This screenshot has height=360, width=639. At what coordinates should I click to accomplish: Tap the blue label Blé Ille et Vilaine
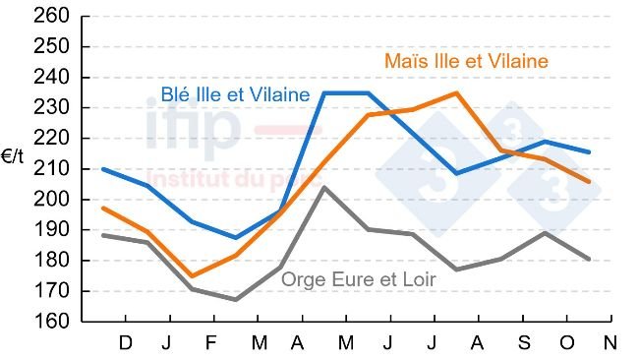[235, 95]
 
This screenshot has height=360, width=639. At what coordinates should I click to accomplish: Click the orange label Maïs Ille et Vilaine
[465, 61]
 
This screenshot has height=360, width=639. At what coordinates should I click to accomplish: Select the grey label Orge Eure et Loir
[359, 279]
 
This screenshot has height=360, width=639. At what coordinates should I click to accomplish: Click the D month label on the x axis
[125, 343]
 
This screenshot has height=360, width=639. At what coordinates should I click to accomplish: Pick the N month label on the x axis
[610, 343]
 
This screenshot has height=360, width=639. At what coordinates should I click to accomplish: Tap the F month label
[212, 343]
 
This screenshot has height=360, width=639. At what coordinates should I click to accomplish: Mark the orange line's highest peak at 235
[456, 93]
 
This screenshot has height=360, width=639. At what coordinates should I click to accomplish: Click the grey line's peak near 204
[323, 187]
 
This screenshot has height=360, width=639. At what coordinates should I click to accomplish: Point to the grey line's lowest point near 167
[235, 300]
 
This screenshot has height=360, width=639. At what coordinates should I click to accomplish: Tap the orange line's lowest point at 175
[191, 276]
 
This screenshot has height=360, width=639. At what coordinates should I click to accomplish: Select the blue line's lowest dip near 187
[235, 237]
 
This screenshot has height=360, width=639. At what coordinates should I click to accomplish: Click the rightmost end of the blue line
[589, 152]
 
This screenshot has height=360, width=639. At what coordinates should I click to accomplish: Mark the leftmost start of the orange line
[103, 208]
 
